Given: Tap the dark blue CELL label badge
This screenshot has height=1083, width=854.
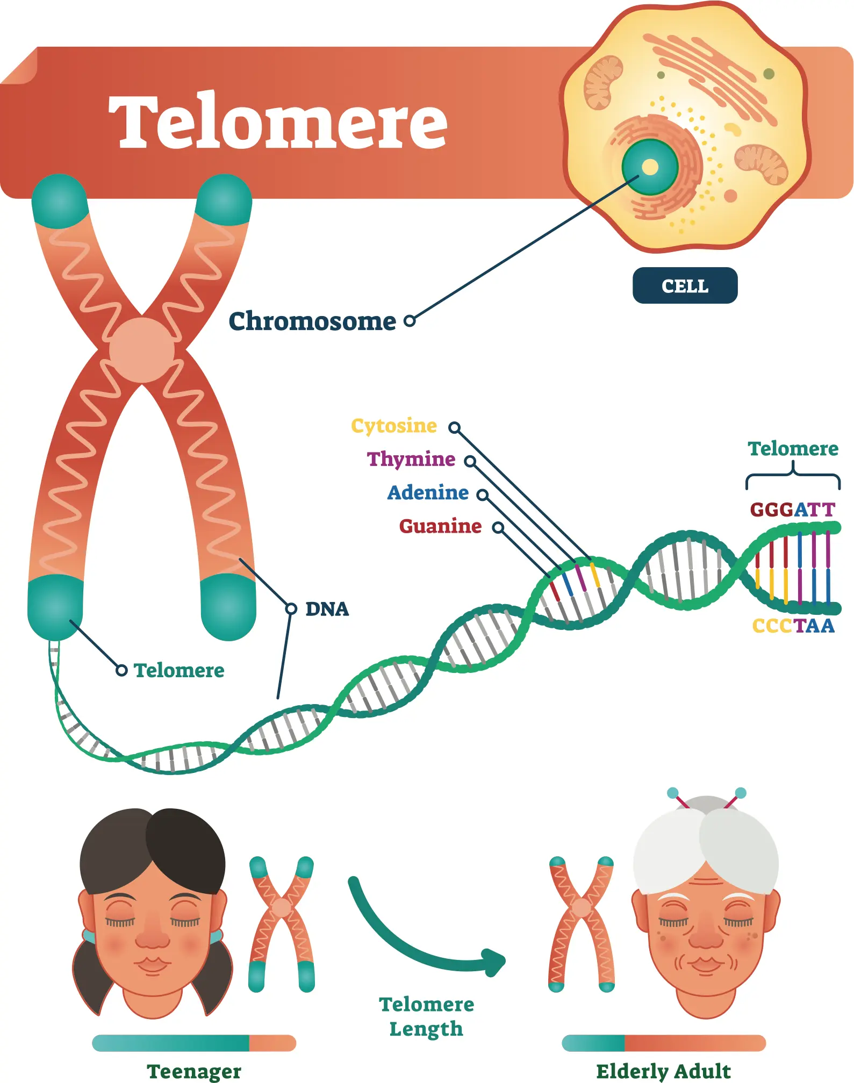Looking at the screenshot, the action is tap(685, 285).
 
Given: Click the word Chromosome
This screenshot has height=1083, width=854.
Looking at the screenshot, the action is tap(312, 321).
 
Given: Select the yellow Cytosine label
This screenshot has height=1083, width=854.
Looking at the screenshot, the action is tap(394, 426).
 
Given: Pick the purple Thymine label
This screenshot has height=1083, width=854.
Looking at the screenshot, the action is tap(411, 459).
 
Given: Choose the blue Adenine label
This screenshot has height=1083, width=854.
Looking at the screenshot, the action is tap(428, 492).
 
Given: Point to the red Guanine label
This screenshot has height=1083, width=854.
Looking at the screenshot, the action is tap(440, 526).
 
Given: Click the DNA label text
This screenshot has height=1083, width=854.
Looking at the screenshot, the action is tap(327, 609).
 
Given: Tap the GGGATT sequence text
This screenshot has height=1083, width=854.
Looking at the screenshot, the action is tap(793, 509).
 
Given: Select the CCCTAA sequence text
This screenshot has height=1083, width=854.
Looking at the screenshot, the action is tap(793, 626).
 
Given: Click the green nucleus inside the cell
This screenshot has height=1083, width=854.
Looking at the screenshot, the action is tap(650, 167).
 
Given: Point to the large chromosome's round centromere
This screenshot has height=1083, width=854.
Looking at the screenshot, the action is tap(142, 350).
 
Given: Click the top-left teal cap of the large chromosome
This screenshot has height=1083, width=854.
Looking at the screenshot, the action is tap(60, 200).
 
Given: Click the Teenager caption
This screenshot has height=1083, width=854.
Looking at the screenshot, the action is tap(194, 1071).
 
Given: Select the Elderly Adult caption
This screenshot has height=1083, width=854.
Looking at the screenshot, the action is tap(664, 1071).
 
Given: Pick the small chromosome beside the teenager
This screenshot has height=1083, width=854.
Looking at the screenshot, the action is tap(282, 924).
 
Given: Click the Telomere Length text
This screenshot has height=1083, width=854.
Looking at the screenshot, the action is tap(427, 1016).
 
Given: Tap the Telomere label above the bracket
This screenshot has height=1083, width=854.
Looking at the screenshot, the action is tap(793, 448).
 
